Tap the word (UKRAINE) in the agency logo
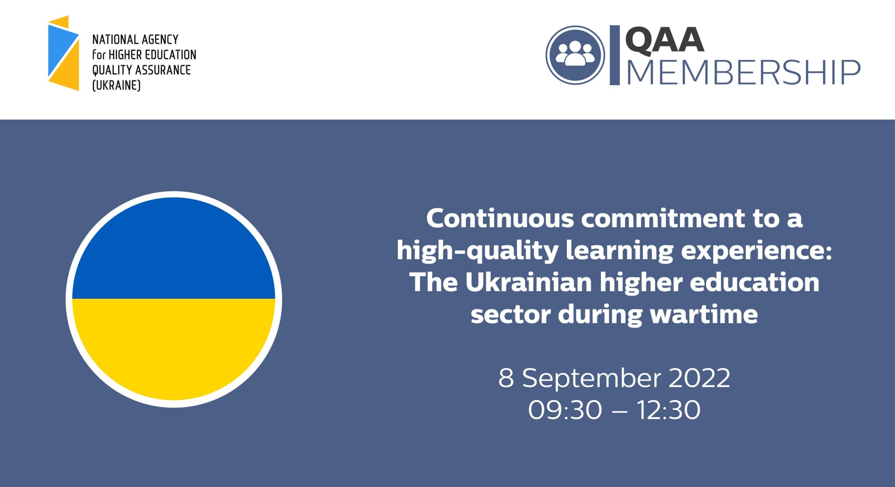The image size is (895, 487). (x=116, y=85)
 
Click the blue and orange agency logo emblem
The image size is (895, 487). (x=63, y=53)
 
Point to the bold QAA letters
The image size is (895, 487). (x=664, y=41)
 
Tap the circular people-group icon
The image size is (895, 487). (x=575, y=55)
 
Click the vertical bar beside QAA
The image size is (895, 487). (x=615, y=55)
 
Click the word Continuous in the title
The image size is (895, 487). (x=500, y=219)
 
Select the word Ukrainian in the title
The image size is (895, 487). (x=528, y=282)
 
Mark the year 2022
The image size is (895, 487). (x=700, y=378)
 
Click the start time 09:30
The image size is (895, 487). (x=565, y=410)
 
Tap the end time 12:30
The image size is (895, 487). (x=668, y=410)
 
